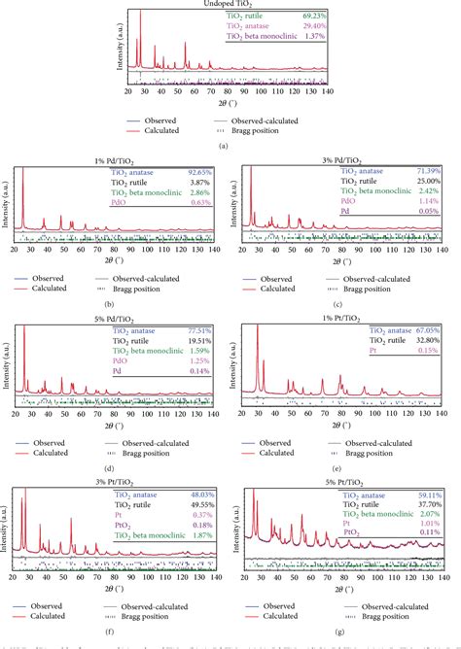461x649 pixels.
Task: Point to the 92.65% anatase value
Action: click(x=197, y=172)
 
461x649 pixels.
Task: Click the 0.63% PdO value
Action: click(x=199, y=204)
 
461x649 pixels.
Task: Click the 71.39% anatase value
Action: click(x=429, y=172)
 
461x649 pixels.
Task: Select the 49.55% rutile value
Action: click(x=197, y=506)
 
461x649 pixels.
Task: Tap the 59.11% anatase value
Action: click(x=429, y=495)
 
